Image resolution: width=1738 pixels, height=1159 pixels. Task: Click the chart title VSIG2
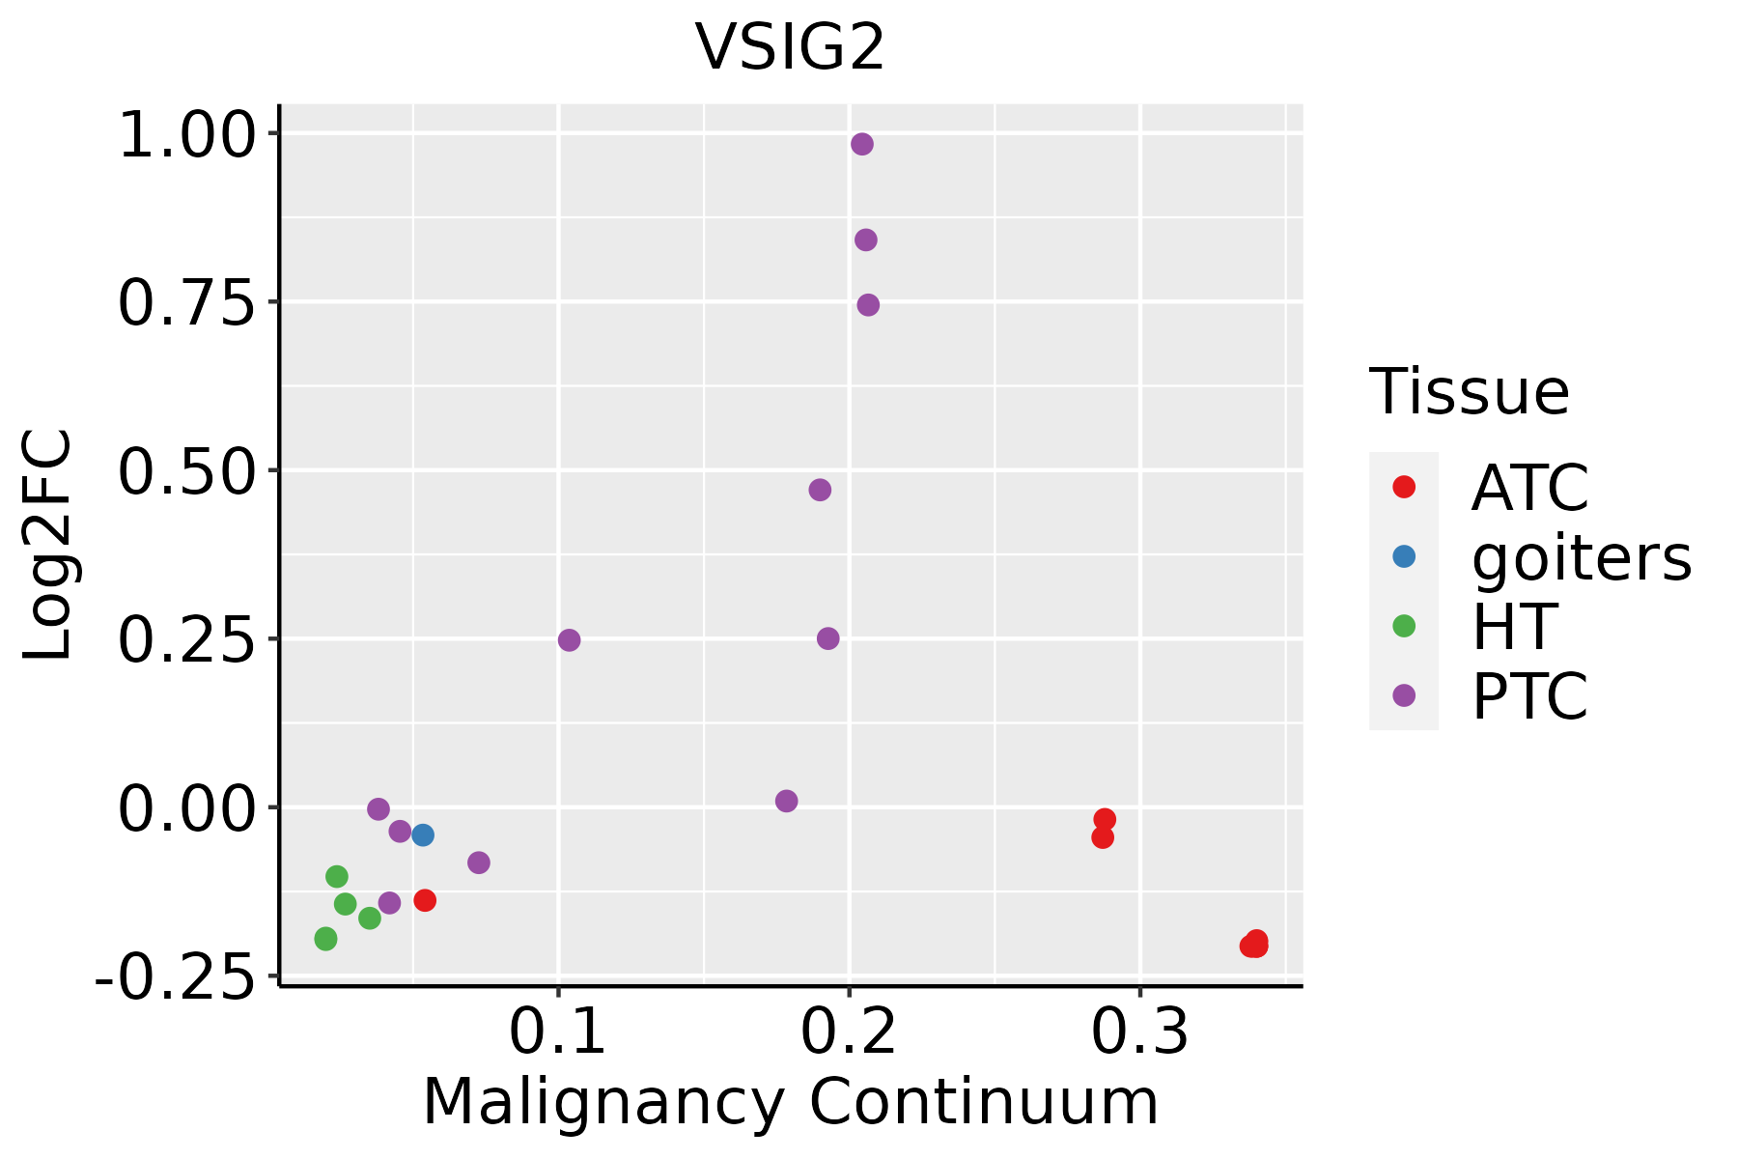(790, 47)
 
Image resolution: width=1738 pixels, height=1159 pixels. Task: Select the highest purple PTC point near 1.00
(862, 145)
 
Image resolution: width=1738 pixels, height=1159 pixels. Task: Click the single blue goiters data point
(423, 834)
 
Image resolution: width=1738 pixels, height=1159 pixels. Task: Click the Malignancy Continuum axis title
(790, 1102)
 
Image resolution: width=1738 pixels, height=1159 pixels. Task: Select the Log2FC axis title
(48, 545)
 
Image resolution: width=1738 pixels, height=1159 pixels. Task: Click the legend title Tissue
(1469, 392)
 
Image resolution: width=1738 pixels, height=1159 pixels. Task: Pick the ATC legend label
(1529, 488)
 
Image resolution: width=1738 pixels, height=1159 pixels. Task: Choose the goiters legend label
(1581, 557)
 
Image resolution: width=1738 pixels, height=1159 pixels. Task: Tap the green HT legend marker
(1404, 626)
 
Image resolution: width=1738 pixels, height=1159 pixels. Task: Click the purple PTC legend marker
(1404, 695)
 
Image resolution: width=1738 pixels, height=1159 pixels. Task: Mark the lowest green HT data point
(325, 939)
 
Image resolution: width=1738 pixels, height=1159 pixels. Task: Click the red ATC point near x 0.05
(425, 900)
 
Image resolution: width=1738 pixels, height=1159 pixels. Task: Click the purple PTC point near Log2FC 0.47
(820, 490)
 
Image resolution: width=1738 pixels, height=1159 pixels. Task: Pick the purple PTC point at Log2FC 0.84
(866, 240)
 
